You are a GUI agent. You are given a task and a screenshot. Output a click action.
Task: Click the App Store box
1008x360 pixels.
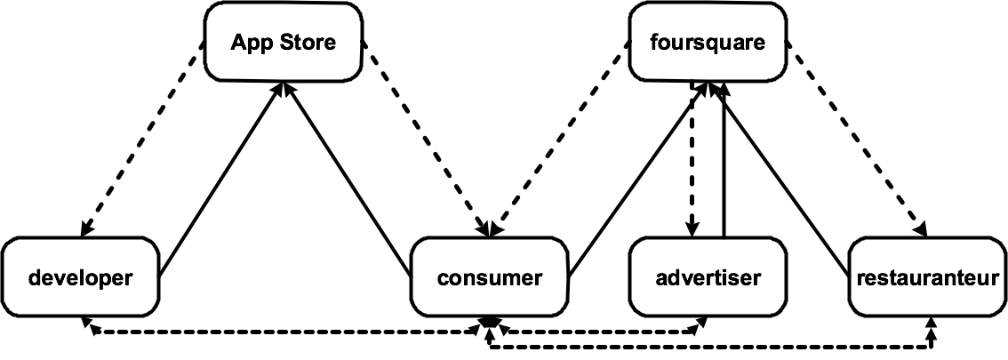tap(283, 42)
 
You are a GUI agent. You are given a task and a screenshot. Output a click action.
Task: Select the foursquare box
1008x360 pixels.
tap(708, 42)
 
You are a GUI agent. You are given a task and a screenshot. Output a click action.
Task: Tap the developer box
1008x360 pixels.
tap(80, 276)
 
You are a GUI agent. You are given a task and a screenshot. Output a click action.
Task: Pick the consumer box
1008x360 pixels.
tap(489, 276)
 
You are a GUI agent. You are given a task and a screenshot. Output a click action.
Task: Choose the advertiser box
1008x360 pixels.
tap(708, 276)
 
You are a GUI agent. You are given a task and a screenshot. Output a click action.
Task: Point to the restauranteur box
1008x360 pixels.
tap(928, 276)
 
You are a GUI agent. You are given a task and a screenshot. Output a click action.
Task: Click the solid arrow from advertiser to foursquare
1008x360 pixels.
tap(724, 160)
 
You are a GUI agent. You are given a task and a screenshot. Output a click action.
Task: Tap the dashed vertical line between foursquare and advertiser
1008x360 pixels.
tap(692, 160)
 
